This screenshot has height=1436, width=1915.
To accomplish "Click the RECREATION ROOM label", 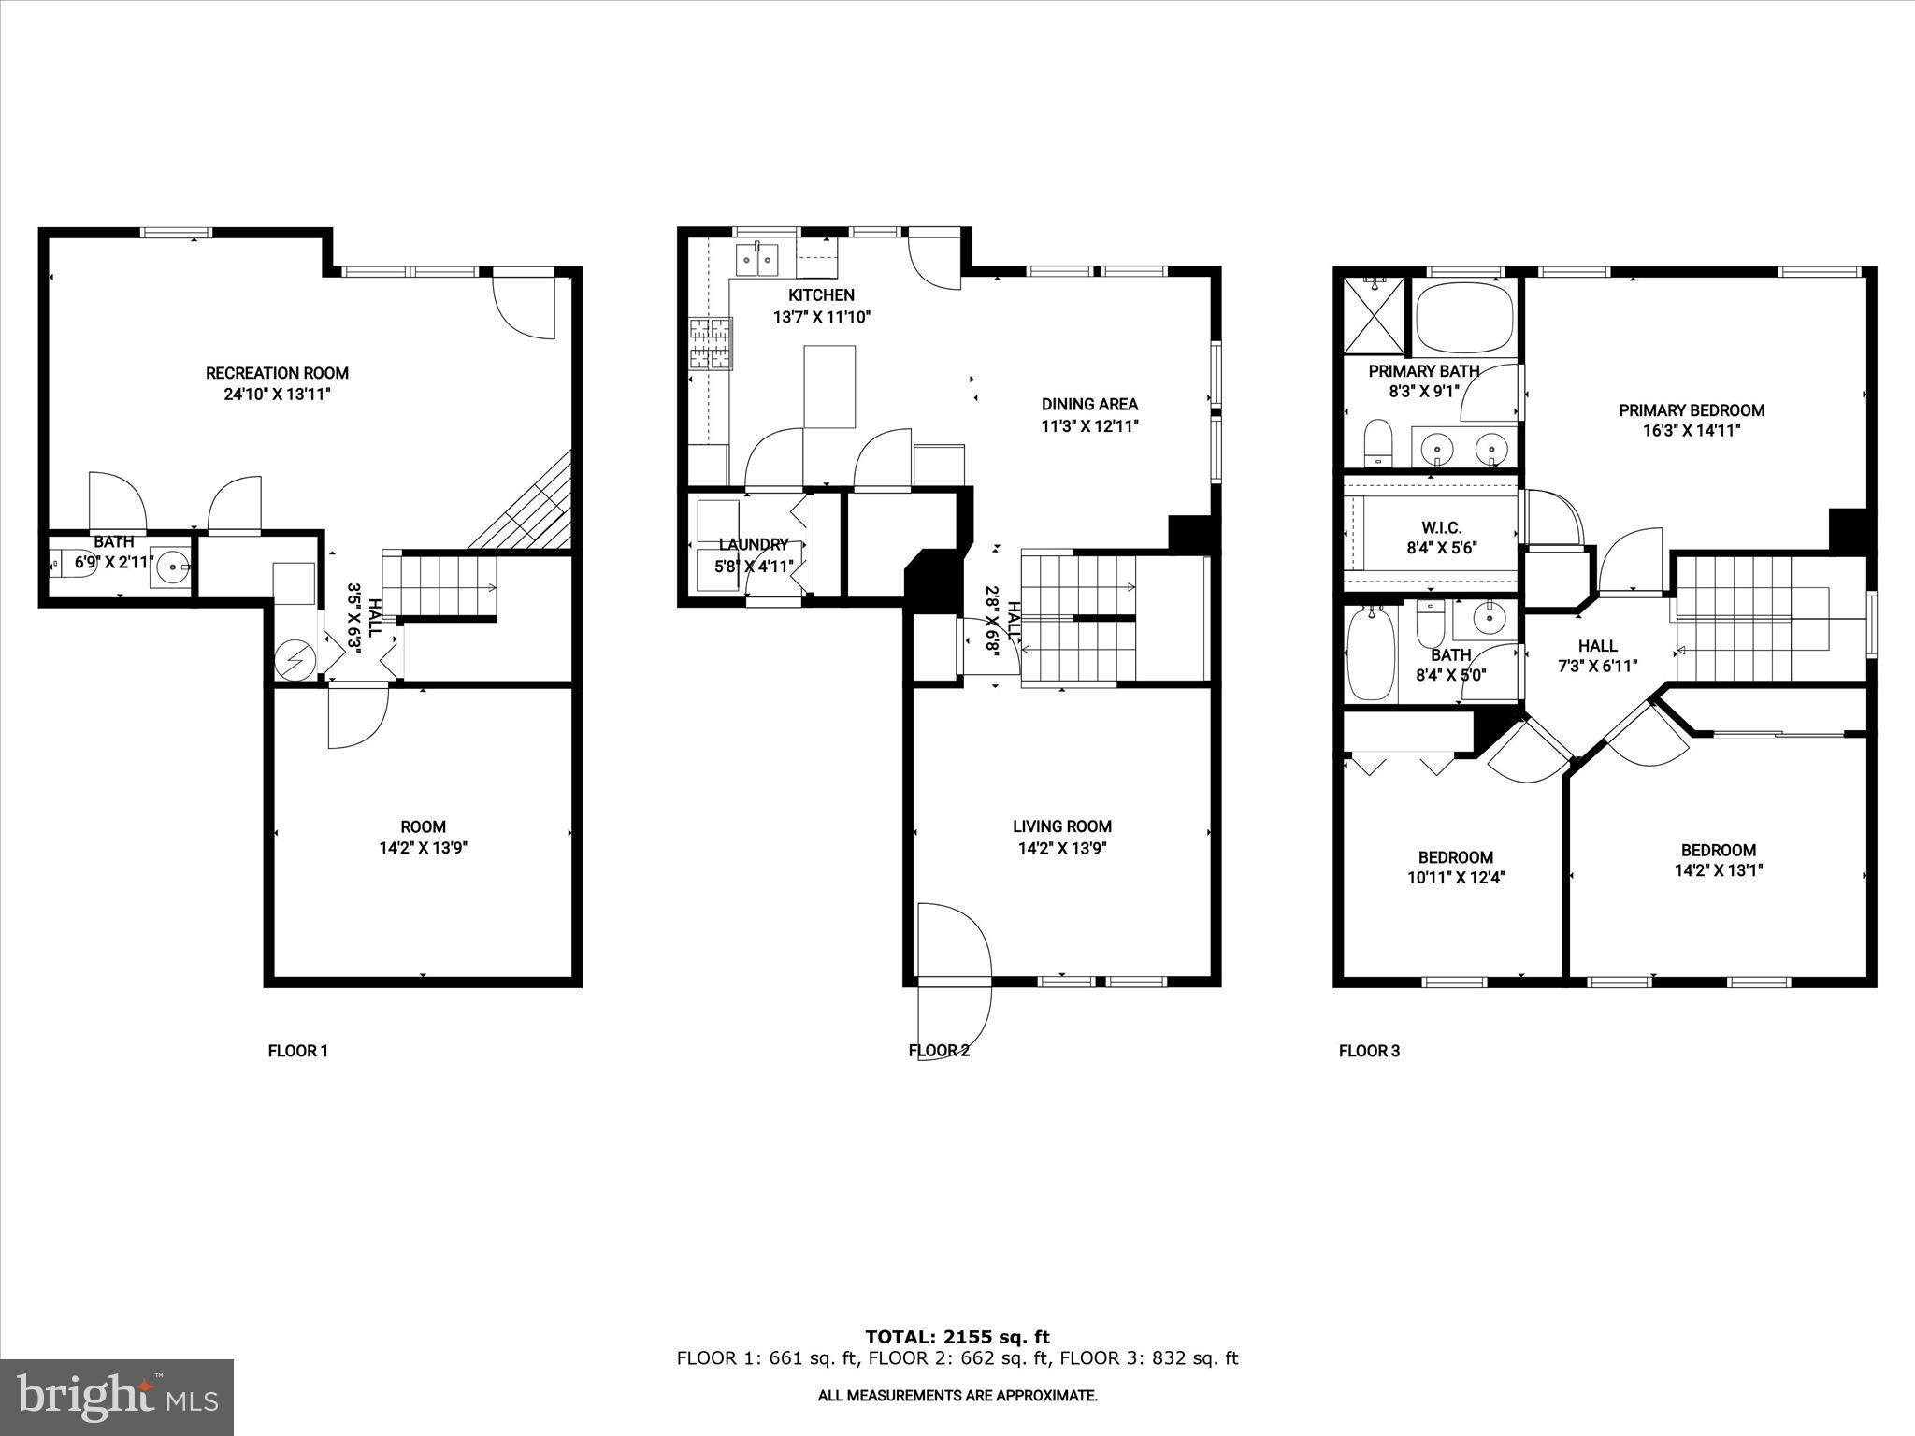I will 277,373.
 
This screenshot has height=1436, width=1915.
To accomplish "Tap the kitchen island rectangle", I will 829,386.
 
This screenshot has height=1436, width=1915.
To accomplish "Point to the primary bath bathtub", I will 1464,318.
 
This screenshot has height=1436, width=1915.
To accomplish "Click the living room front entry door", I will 954,944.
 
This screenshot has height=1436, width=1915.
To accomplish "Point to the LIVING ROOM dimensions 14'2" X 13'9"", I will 1062,848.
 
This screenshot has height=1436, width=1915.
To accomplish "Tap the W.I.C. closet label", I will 1441,528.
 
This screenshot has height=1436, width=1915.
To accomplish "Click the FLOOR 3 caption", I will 1369,1051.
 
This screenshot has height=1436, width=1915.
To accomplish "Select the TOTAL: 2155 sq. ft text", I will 957,1337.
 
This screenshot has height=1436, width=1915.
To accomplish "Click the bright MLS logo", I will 117,1398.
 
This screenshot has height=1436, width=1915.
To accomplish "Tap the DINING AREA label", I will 1089,404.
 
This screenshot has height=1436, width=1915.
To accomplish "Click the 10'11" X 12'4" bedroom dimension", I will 1455,878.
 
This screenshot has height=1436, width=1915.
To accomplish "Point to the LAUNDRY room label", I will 754,544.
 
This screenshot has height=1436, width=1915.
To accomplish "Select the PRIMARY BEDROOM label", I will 1692,410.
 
